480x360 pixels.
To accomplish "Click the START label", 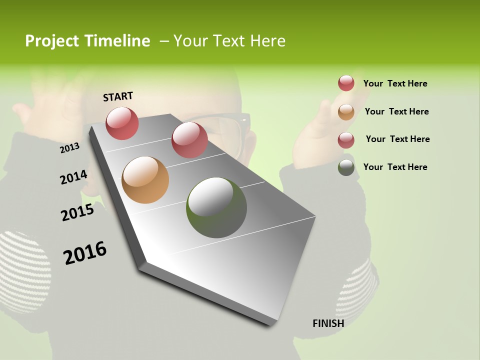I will [x=118, y=96].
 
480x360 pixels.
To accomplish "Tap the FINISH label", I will [x=328, y=323].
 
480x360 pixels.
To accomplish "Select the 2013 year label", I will [x=70, y=147].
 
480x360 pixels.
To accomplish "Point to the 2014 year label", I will [x=73, y=177].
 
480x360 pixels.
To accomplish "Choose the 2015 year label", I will [x=77, y=213].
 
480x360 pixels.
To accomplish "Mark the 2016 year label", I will [x=85, y=253].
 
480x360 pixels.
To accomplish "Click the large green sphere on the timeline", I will [x=216, y=207].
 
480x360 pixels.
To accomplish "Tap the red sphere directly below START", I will [x=122, y=123].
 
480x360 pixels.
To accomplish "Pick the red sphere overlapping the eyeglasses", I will [x=189, y=140].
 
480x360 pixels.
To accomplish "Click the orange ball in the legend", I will [x=346, y=112].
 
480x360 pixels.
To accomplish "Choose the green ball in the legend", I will [x=346, y=167].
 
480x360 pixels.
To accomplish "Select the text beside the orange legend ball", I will [x=396, y=111].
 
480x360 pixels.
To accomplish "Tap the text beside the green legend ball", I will [x=395, y=167].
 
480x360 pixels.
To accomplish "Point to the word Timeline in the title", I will [x=118, y=41].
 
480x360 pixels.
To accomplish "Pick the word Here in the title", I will [x=267, y=41].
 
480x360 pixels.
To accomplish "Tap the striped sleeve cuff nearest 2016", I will [x=22, y=270].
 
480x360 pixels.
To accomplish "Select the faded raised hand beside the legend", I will [x=320, y=120].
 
